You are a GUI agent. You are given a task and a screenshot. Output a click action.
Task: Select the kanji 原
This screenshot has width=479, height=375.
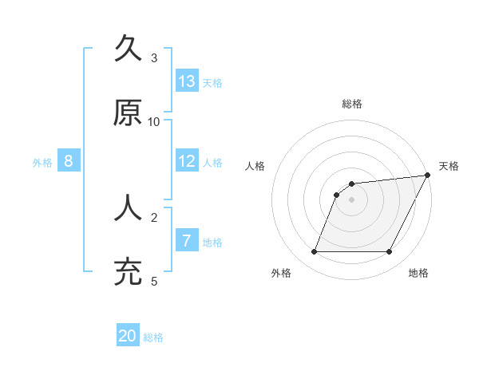pos(129,112)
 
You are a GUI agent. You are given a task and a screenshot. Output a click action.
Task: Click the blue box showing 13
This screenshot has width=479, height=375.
pos(187,81)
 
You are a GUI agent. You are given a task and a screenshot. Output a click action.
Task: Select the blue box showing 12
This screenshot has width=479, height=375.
pos(187,160)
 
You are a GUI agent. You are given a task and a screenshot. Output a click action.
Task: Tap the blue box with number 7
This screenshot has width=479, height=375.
pos(187,240)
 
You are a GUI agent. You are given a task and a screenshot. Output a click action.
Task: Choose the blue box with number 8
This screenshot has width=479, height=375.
pos(69,160)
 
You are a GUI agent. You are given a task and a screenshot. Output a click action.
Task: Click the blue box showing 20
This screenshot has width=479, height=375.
pos(128,336)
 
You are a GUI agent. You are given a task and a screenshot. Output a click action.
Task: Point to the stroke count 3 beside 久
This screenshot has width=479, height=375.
pos(154,57)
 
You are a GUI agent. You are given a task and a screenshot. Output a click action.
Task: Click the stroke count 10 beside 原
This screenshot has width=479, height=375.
pos(154,121)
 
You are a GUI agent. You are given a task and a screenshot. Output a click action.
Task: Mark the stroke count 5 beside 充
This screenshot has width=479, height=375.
pos(154,281)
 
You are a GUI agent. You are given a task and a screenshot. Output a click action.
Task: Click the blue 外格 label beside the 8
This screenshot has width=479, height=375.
pos(42,162)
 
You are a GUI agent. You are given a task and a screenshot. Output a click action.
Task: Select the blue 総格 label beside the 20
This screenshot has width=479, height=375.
pos(153,337)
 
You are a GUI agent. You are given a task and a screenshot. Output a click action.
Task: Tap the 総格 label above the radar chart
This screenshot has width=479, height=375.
pos(351,104)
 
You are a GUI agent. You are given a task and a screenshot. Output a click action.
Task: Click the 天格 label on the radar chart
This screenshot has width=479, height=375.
pos(449,166)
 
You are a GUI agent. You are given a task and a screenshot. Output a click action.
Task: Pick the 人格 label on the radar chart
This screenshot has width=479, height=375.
pos(255,166)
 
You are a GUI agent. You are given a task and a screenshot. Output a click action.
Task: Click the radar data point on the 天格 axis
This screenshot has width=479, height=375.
pos(429,175)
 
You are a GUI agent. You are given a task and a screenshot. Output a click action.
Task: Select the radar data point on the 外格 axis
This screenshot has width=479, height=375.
pos(314,252)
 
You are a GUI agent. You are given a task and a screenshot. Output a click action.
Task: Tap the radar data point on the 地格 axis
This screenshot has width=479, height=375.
pos(389,252)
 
